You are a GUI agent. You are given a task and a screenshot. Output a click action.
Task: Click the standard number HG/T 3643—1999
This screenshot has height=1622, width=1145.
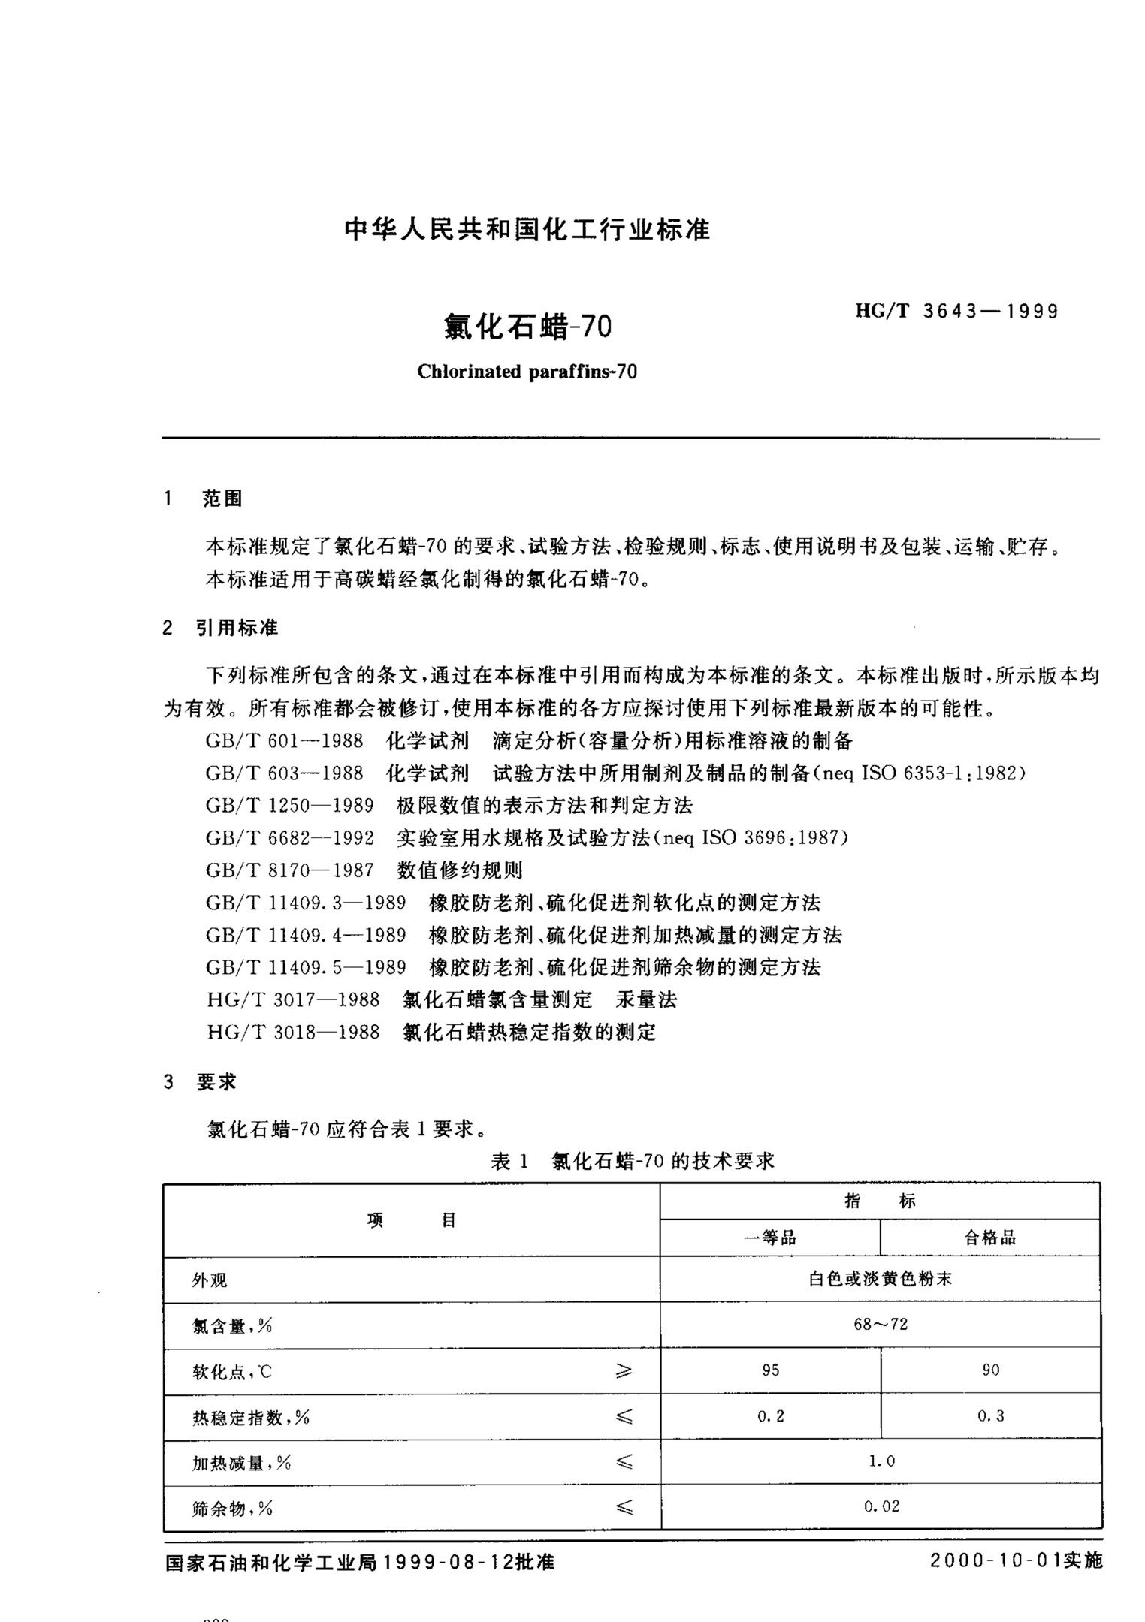click(956, 312)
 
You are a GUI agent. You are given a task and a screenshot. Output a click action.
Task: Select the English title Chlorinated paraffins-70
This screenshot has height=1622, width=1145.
click(527, 372)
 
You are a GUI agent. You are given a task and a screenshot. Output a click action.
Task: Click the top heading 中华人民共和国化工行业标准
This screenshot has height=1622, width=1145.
click(527, 229)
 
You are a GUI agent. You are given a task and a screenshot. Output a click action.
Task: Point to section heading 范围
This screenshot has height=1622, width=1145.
click(222, 499)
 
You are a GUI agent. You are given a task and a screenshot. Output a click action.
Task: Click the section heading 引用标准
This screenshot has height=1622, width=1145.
click(237, 628)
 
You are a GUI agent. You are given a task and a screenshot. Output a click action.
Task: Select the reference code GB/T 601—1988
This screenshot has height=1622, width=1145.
click(284, 742)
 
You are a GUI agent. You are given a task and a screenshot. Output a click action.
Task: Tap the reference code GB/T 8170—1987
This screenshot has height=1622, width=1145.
click(289, 870)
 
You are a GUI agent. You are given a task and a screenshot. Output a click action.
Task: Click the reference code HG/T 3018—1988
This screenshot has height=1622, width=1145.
click(293, 1032)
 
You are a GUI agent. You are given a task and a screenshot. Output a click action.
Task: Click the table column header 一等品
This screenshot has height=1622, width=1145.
click(769, 1238)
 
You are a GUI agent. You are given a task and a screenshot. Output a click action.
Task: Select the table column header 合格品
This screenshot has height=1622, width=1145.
click(989, 1238)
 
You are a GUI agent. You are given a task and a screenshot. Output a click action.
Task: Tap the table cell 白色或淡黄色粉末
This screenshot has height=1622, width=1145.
click(880, 1279)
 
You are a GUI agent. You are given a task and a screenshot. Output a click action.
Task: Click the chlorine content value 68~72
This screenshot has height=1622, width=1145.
click(880, 1324)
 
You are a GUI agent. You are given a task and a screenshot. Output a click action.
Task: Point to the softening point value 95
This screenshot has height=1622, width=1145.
click(770, 1370)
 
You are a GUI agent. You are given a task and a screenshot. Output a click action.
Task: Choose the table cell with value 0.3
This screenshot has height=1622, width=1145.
click(990, 1416)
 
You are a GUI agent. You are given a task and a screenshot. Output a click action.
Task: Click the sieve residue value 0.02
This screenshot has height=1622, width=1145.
click(881, 1506)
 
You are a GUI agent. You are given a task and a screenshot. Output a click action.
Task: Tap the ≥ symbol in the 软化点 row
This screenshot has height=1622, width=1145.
click(624, 1371)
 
